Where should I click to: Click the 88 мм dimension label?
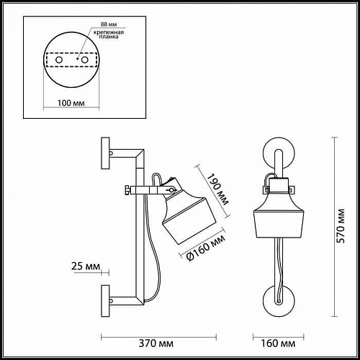[109, 24]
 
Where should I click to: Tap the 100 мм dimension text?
[71, 103]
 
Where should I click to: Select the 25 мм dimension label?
[86, 266]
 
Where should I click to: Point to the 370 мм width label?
[156, 343]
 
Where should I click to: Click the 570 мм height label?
[341, 226]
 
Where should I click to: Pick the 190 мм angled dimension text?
[217, 189]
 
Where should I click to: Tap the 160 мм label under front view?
[278, 343]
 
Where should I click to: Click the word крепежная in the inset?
[109, 32]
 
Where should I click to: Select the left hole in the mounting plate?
[59, 60]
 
